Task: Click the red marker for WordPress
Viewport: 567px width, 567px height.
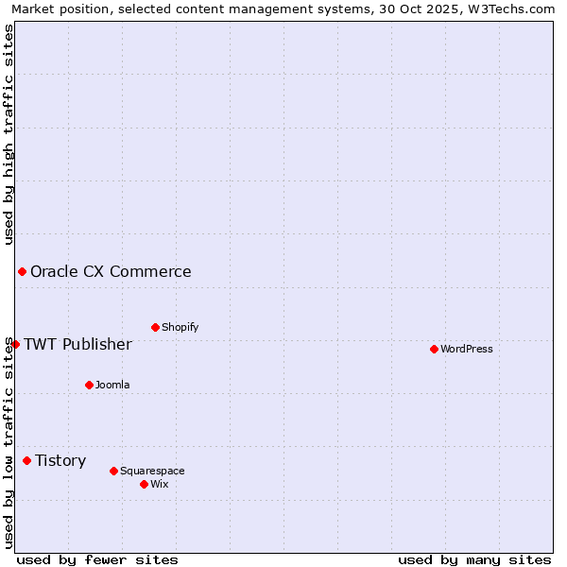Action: click(434, 349)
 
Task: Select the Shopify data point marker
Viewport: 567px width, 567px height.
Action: click(155, 327)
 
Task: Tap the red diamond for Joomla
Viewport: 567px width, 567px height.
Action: click(89, 385)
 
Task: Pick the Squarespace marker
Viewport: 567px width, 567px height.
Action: click(113, 471)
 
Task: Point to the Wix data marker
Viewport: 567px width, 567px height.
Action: click(144, 484)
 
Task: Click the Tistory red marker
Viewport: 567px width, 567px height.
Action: click(26, 460)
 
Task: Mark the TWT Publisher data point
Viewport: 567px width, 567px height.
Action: click(15, 344)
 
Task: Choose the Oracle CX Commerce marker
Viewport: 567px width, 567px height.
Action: click(22, 271)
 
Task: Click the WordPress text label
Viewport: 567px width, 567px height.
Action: click(467, 349)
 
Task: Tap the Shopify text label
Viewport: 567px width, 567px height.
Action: click(180, 327)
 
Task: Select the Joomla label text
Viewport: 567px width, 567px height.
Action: click(112, 385)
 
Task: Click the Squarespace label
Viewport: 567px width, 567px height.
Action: click(152, 471)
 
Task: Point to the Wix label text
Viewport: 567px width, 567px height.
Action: click(160, 484)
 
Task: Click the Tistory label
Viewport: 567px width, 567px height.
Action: click(60, 460)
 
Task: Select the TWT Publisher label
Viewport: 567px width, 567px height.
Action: click(77, 344)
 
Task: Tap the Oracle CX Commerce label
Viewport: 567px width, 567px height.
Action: click(111, 271)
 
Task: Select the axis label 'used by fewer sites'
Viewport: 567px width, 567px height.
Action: click(97, 559)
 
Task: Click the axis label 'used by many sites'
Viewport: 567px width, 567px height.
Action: click(474, 559)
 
